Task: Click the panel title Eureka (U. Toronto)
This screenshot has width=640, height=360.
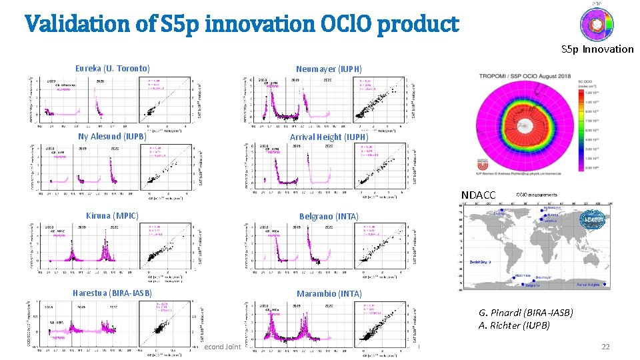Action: [112, 69]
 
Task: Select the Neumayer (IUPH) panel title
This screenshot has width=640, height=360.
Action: [329, 69]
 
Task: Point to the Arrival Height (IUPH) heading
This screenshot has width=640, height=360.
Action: [329, 137]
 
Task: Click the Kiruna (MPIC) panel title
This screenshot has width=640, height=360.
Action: [112, 215]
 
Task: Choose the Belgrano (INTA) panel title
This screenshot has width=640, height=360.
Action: [329, 216]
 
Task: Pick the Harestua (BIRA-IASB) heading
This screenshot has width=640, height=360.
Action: [112, 293]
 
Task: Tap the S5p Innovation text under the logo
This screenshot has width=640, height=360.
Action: [597, 49]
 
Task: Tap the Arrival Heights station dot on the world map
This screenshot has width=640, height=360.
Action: [605, 287]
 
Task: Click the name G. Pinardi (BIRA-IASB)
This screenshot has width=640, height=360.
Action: [525, 313]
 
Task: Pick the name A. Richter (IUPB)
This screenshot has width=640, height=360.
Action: [514, 325]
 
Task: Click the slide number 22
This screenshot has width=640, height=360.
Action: [605, 347]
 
